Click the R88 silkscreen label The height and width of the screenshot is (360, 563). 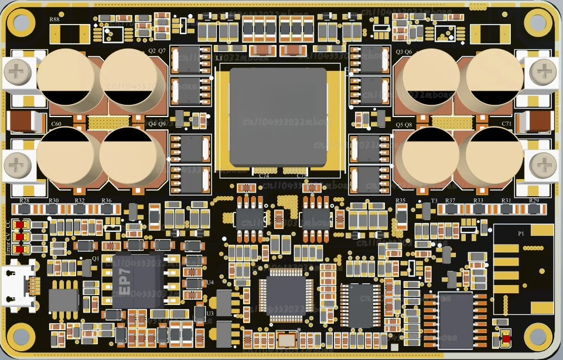[x=54, y=20]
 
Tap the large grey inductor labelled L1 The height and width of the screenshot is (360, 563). [x=278, y=116]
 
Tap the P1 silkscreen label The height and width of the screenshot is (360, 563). [x=521, y=233]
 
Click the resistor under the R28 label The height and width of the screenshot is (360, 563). [x=25, y=209]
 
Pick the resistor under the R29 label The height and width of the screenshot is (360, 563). [x=534, y=209]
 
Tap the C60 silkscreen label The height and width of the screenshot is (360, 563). [x=56, y=124]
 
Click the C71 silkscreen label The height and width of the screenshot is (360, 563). [x=507, y=124]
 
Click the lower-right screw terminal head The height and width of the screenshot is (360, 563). [x=543, y=167]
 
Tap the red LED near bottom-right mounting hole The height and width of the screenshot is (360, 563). [x=505, y=338]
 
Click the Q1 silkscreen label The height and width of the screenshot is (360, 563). [x=95, y=258]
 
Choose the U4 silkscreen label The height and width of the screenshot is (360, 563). [x=210, y=282]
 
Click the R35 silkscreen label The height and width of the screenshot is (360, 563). [x=401, y=201]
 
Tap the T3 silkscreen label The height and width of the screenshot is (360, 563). [x=434, y=201]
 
